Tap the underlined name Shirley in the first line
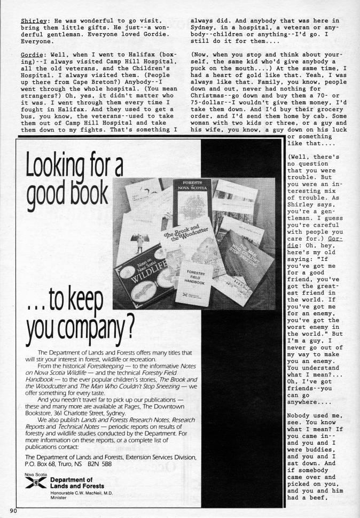[33, 21]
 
